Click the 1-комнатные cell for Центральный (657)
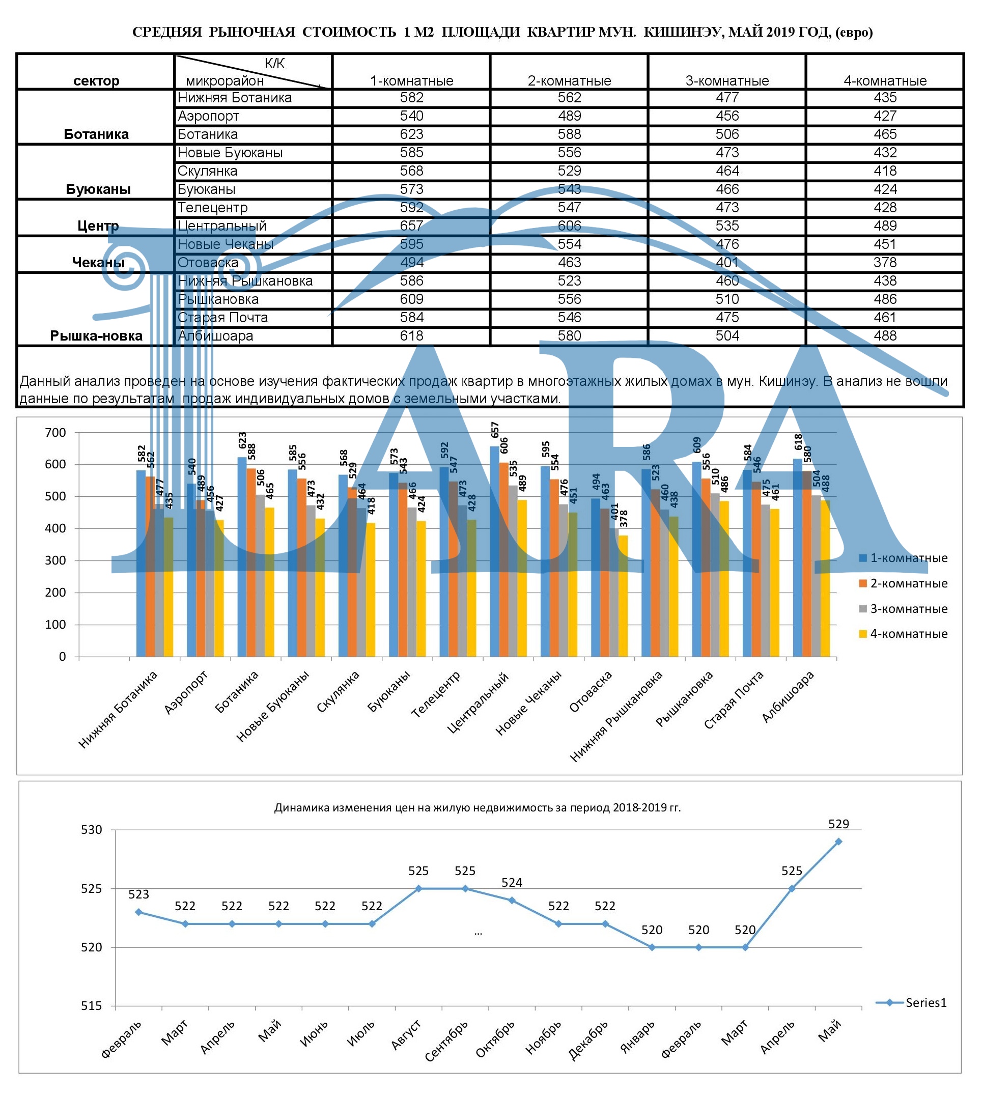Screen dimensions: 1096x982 click(411, 226)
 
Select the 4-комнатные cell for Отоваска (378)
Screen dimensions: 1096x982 click(885, 262)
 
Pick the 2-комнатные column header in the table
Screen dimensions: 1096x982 click(569, 80)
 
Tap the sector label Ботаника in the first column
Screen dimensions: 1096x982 click(96, 134)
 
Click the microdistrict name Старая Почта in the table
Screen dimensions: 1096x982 click(223, 317)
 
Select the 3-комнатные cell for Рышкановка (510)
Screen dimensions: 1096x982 click(727, 299)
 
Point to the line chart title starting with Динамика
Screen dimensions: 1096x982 click(477, 808)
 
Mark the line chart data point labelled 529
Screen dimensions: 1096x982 click(838, 841)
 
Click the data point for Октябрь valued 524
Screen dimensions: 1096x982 click(512, 900)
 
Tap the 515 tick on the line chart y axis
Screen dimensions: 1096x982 click(91, 1006)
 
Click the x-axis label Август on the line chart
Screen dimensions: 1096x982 click(406, 1035)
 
